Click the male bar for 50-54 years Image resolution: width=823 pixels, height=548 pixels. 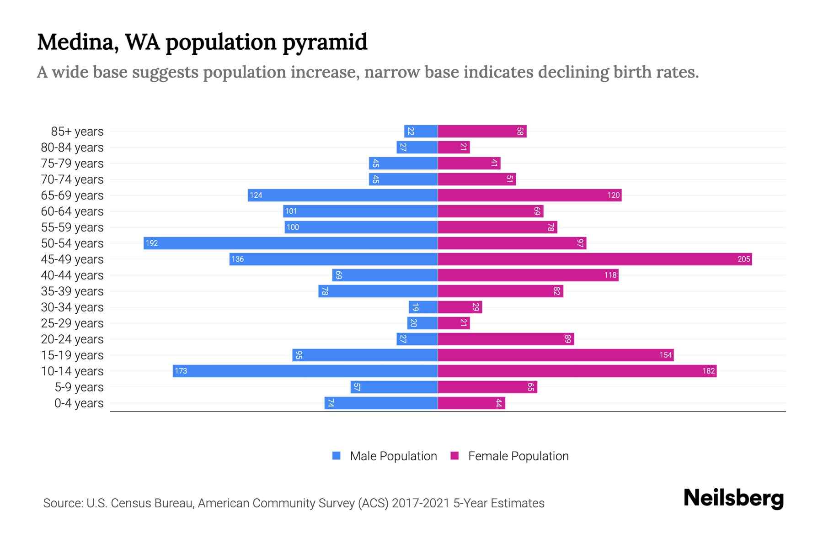point(291,243)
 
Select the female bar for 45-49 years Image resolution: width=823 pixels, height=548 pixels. point(594,259)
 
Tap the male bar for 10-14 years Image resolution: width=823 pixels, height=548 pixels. point(305,371)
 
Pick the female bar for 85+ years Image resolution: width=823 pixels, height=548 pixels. point(482,131)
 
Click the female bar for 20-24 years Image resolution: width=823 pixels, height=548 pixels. point(506,339)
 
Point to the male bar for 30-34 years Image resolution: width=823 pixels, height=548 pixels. point(423,307)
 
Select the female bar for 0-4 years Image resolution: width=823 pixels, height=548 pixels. point(471,403)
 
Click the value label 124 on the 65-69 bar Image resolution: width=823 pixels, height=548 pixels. point(256,195)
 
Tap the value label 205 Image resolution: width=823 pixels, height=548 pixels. point(743,259)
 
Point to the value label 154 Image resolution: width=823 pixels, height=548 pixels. point(665,355)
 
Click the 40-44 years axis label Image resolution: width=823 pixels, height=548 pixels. point(72,275)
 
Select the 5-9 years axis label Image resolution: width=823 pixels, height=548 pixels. point(79,387)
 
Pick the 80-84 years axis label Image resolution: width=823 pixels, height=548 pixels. point(72,148)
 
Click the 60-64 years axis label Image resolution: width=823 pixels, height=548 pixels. point(72,211)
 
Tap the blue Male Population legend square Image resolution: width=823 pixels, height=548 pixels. point(337,456)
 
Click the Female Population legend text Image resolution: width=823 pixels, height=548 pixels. point(518,456)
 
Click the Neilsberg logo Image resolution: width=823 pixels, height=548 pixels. point(733,498)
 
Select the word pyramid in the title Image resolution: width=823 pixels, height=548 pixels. point(325,42)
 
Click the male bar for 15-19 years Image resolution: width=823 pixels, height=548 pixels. point(365,355)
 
